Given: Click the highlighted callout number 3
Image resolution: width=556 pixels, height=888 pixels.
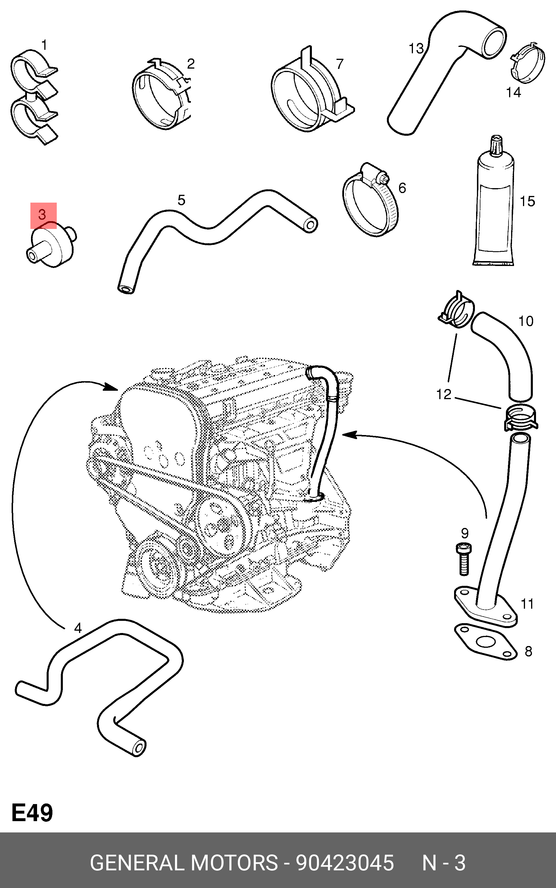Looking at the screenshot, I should (x=43, y=215).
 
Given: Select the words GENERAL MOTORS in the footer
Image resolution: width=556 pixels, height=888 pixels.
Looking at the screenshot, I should (x=184, y=862).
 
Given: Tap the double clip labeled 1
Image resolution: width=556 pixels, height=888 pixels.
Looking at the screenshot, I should (x=33, y=96).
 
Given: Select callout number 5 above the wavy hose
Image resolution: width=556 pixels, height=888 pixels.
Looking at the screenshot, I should (x=181, y=200).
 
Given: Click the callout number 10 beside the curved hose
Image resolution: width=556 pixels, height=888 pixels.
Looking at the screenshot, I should (x=526, y=321).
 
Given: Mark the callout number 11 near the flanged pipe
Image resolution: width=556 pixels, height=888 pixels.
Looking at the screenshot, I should (x=527, y=604).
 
